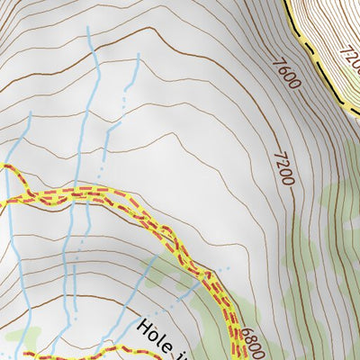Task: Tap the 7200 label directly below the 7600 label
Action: coord(284,167)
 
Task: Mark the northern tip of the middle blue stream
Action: coord(88,27)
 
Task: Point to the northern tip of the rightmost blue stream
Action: coord(139,54)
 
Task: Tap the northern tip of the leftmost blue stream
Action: coord(30,114)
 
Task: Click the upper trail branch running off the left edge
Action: coord(5,167)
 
